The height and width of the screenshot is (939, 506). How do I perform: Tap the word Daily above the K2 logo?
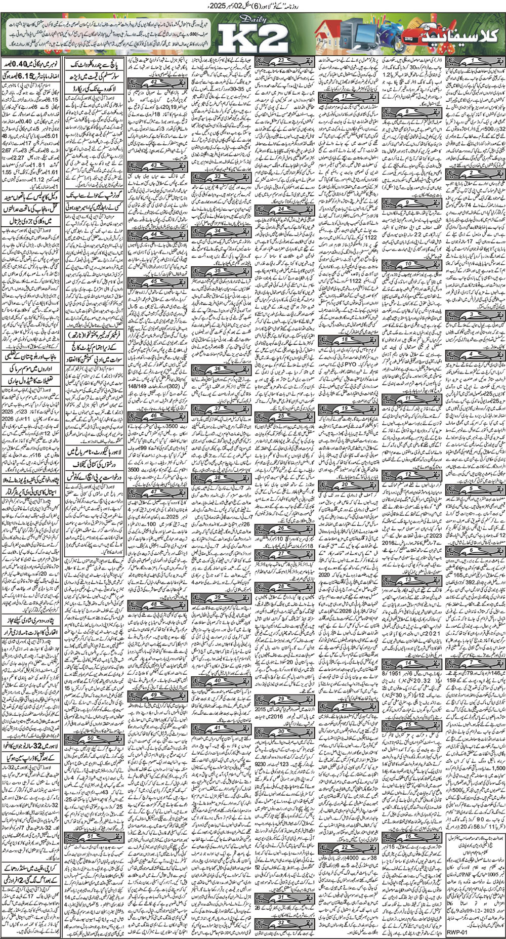pyautogui.click(x=245, y=21)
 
